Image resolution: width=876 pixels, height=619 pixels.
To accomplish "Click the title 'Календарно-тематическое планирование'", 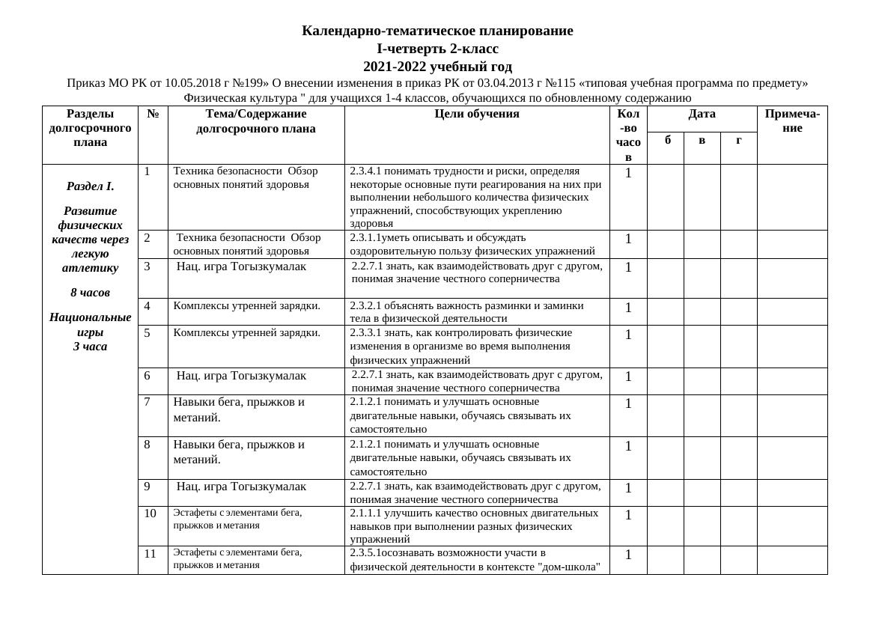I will (x=437, y=31).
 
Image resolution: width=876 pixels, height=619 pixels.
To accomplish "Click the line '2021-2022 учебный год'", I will (x=437, y=67).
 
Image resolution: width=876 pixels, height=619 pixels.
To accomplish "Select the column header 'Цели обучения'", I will (x=477, y=114).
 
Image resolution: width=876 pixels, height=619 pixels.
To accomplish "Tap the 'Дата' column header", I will (x=702, y=114).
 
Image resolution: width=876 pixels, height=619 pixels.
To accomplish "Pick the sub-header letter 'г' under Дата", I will (x=738, y=139).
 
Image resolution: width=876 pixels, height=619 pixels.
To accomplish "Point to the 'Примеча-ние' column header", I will (x=792, y=121).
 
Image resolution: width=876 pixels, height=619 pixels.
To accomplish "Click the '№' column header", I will (x=153, y=114).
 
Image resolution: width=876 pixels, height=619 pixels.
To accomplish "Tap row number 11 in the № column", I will (x=150, y=554).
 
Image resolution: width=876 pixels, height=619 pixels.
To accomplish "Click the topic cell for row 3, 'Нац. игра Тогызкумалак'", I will (x=241, y=266).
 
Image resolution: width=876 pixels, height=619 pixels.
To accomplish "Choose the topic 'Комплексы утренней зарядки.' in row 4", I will (x=247, y=305).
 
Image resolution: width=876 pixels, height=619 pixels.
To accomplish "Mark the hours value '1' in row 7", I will (x=628, y=404).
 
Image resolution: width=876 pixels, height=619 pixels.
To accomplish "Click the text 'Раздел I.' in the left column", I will (x=90, y=186).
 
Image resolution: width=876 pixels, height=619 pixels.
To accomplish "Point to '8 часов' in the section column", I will (x=90, y=293).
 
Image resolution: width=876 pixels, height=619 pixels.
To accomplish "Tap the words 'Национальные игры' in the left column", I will (x=90, y=324).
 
